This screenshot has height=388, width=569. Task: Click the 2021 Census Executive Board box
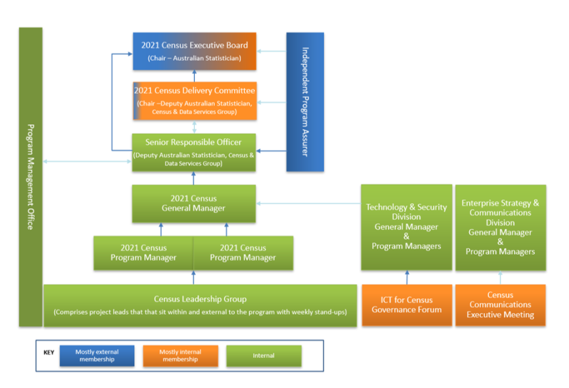click(x=194, y=51)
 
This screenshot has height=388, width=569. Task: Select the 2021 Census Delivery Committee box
click(x=194, y=100)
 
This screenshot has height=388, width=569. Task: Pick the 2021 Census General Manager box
click(x=194, y=204)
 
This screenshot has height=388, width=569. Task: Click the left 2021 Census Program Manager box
click(x=144, y=253)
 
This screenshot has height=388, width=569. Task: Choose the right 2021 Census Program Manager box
click(x=243, y=253)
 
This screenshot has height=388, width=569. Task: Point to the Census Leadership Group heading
click(x=200, y=299)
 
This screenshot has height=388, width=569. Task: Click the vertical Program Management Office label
click(x=30, y=176)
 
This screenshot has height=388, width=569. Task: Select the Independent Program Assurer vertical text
click(x=305, y=101)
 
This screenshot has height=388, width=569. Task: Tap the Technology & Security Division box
click(x=406, y=227)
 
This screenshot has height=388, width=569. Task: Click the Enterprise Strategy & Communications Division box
click(x=500, y=227)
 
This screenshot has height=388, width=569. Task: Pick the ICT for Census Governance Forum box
click(x=406, y=305)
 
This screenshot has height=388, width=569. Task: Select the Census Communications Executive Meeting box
click(x=500, y=305)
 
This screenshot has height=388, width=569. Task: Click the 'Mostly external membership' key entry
click(x=96, y=356)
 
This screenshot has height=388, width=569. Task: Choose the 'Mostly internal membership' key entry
click(x=180, y=356)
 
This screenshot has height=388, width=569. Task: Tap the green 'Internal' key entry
click(x=263, y=356)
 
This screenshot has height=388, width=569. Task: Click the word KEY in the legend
click(x=49, y=353)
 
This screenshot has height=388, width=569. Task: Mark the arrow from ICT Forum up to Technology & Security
click(x=407, y=277)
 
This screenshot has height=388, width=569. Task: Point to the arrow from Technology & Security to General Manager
click(x=308, y=203)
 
